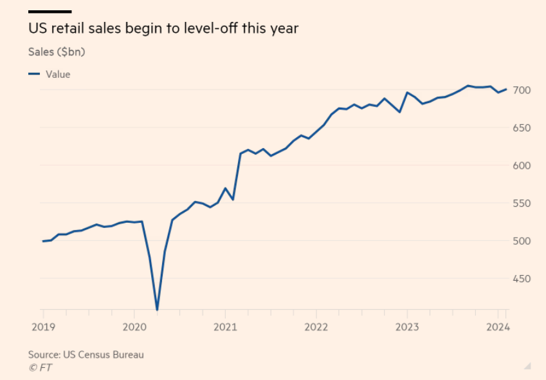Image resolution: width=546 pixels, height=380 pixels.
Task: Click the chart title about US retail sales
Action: (x=163, y=29)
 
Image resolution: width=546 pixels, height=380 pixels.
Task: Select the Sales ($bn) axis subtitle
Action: (x=57, y=52)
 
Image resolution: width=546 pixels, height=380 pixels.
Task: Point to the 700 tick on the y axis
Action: (x=522, y=90)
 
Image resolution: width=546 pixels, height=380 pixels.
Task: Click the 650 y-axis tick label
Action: (x=522, y=128)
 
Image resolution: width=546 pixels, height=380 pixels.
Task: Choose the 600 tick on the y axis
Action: (x=522, y=166)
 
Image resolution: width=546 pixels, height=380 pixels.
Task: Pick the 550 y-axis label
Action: (x=522, y=204)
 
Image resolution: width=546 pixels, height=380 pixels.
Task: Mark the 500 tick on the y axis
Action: (x=522, y=241)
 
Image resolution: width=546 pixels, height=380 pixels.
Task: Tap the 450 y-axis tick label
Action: (x=522, y=279)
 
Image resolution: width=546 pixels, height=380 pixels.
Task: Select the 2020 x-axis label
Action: (x=133, y=326)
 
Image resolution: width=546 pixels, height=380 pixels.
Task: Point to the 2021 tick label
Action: (x=224, y=326)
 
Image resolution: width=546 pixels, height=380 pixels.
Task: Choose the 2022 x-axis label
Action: (x=316, y=326)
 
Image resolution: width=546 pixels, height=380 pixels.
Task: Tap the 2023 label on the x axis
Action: (x=406, y=326)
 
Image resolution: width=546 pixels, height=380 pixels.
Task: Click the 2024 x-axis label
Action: (x=498, y=326)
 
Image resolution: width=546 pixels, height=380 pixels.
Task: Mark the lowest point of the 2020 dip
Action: (x=157, y=310)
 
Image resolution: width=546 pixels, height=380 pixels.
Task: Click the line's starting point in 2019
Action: (x=43, y=241)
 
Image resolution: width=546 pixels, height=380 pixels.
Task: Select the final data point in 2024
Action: (x=506, y=90)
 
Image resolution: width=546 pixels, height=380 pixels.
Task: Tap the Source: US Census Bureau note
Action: (x=86, y=354)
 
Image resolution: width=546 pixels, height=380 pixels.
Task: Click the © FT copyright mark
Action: (x=40, y=367)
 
